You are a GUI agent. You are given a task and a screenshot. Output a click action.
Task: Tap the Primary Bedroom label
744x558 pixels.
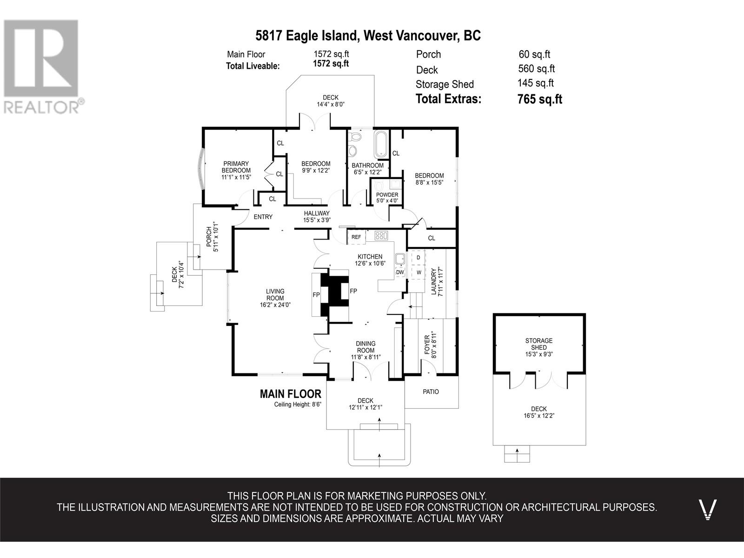(x=236, y=167)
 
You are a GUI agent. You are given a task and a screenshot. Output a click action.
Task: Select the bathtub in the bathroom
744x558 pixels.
(x=381, y=144)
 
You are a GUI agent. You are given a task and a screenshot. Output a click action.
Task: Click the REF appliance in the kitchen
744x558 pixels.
(x=356, y=237)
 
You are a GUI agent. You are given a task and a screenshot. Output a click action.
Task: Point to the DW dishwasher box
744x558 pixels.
(x=400, y=272)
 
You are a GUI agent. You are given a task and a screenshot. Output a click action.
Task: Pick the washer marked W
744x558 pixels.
(x=418, y=272)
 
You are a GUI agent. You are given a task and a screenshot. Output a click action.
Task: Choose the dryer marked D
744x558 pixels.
(x=418, y=258)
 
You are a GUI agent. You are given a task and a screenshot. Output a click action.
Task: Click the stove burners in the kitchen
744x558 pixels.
(x=381, y=235)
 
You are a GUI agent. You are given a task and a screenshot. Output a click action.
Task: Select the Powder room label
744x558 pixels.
(x=387, y=195)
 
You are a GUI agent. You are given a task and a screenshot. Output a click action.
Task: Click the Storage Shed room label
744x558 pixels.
(x=539, y=344)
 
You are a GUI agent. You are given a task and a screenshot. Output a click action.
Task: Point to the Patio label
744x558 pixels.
(x=431, y=392)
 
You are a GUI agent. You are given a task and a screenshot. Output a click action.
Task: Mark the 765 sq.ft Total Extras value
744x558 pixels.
(x=539, y=99)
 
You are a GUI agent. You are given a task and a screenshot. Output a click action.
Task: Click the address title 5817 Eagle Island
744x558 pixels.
(x=307, y=36)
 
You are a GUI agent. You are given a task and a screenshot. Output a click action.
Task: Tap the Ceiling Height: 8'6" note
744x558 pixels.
(x=298, y=404)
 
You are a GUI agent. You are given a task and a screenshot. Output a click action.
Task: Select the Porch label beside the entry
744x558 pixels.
(x=209, y=237)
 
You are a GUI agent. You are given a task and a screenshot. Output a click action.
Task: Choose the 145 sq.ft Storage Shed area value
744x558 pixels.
(x=536, y=83)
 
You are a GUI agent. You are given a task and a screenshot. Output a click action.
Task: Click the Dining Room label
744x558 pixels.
(x=366, y=347)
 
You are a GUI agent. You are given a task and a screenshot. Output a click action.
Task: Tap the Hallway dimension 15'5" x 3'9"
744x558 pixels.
(x=317, y=220)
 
